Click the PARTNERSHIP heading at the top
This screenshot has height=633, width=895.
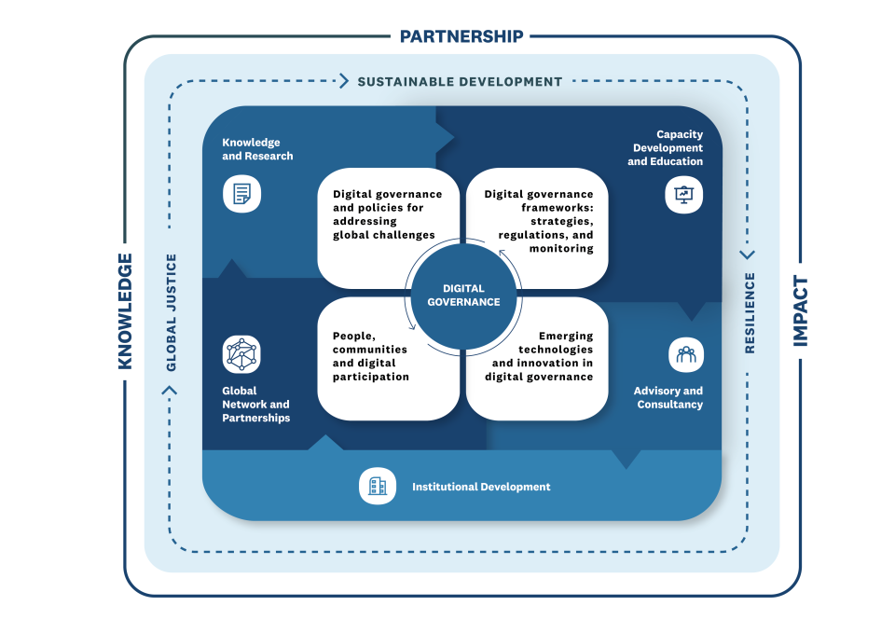[x=461, y=36]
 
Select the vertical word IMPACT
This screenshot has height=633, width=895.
[x=799, y=311]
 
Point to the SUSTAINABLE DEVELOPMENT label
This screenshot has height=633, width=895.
[x=460, y=81]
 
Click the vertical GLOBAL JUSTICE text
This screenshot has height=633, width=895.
[x=172, y=312]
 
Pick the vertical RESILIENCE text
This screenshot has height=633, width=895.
[x=749, y=313]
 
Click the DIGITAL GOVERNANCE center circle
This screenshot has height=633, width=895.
[x=463, y=296]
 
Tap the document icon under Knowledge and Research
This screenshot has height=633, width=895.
[x=241, y=194]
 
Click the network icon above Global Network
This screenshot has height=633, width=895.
[x=241, y=354]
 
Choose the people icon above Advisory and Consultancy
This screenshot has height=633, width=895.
[x=686, y=354]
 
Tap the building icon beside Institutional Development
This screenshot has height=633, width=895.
[x=378, y=487]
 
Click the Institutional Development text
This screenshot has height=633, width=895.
[x=481, y=487]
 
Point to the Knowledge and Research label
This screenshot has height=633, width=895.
[x=257, y=149]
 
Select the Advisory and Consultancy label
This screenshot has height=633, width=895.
[x=668, y=397]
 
